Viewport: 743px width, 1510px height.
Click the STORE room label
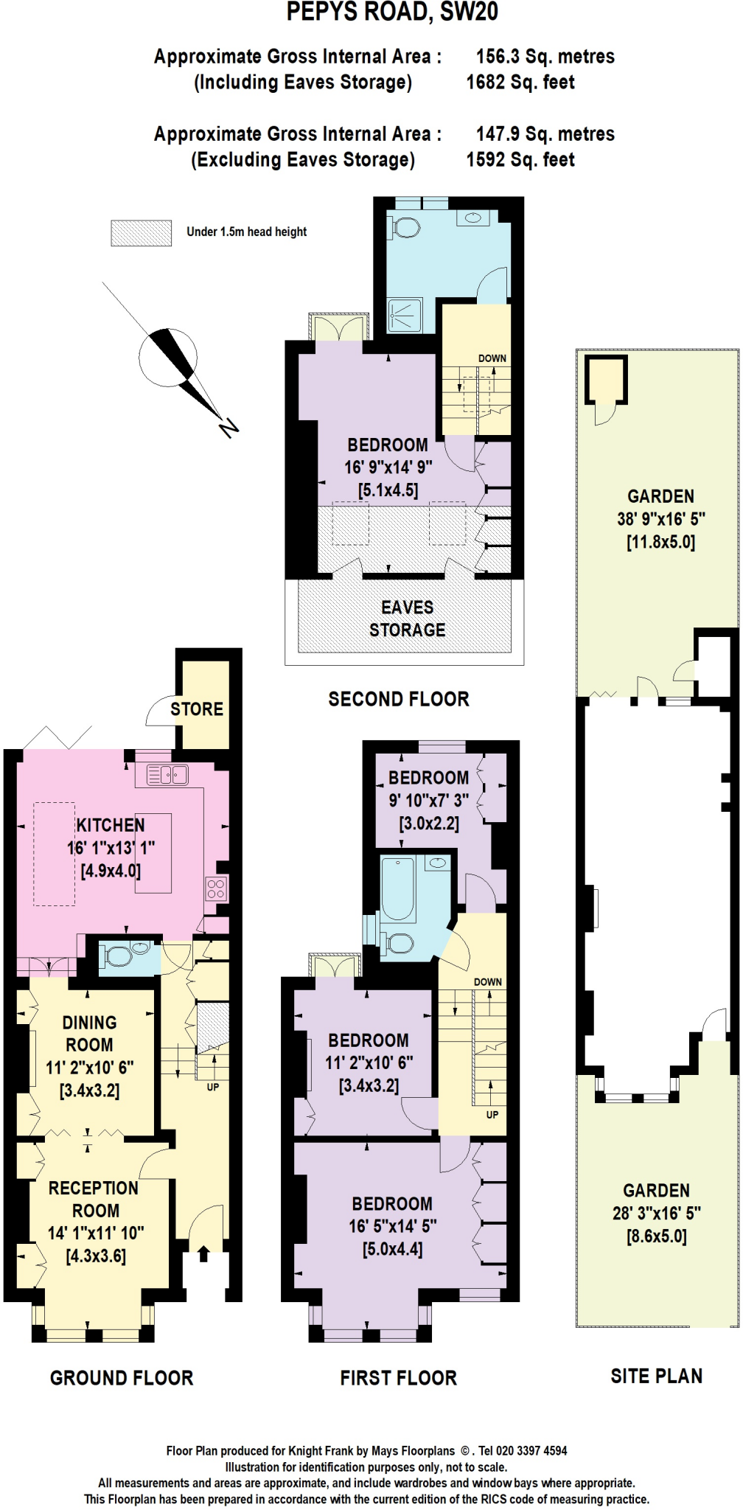[x=196, y=709]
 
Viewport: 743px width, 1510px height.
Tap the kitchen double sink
[x=167, y=774]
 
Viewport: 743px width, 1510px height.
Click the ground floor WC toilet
[x=118, y=956]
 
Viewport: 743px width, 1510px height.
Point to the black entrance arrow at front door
[x=204, y=1253]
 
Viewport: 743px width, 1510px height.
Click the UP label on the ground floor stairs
[x=212, y=1087]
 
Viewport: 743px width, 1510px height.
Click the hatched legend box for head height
[x=141, y=233]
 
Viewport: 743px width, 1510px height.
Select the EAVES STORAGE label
[x=407, y=619]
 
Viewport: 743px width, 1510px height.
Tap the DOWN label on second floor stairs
[x=492, y=358]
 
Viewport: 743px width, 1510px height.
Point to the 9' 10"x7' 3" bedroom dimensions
[x=428, y=800]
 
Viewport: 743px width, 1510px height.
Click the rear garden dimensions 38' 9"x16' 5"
[x=660, y=519]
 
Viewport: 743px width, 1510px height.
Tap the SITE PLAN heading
[x=656, y=1376]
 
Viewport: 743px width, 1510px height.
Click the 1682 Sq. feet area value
[x=520, y=83]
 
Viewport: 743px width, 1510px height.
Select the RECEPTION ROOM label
[x=94, y=1200]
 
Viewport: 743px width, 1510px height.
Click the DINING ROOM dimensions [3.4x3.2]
[x=89, y=1090]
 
